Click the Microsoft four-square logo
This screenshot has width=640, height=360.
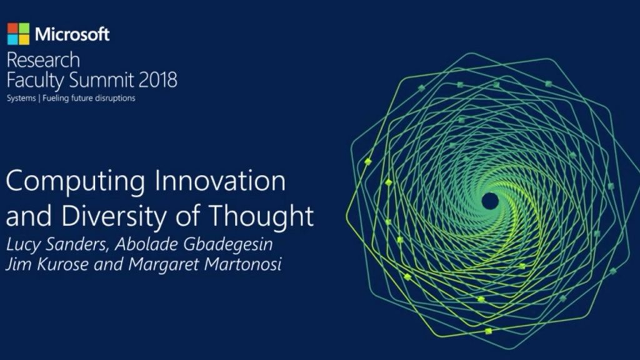(x=18, y=34)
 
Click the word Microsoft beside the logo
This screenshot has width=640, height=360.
(x=72, y=34)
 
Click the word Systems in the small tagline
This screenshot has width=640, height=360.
(x=21, y=99)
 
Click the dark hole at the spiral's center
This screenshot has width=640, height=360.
(x=490, y=201)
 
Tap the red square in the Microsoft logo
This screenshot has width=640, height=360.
(x=13, y=28)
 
